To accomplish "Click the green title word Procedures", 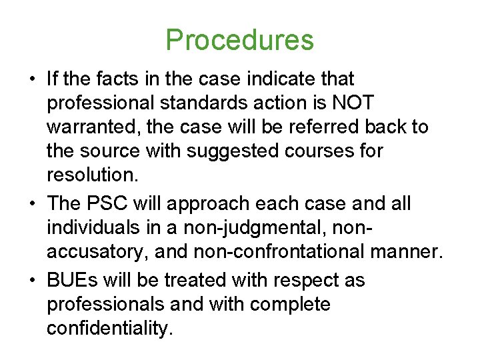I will coord(239,40).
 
